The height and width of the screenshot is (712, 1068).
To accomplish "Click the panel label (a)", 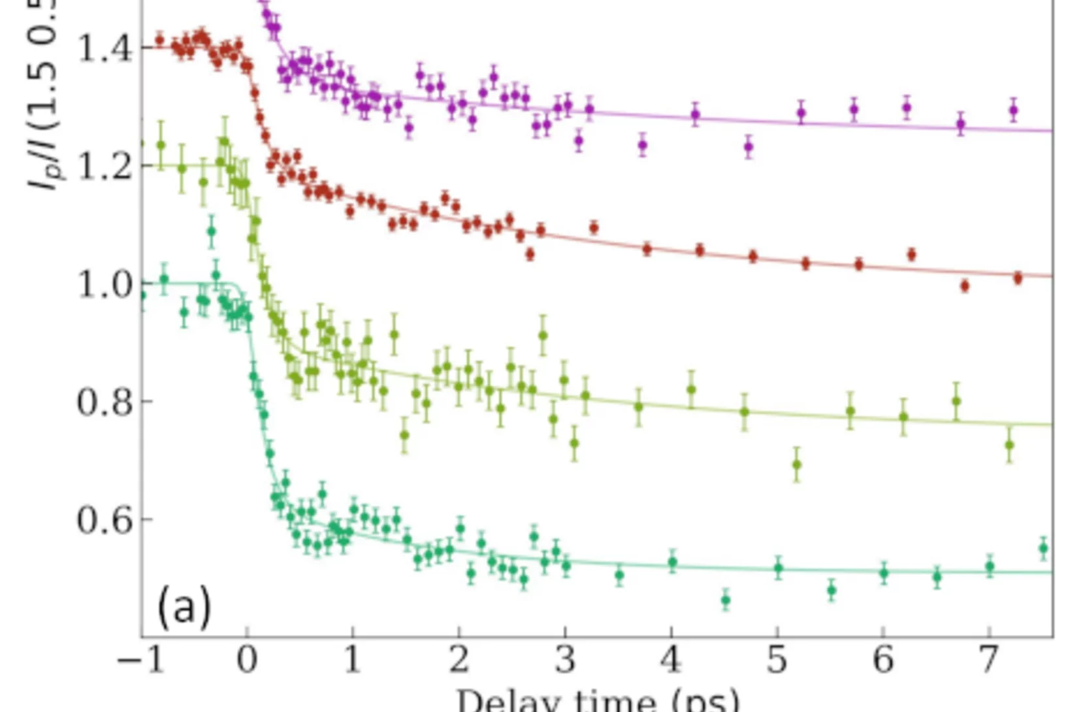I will (184, 606).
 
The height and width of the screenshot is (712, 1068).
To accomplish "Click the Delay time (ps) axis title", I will (598, 700).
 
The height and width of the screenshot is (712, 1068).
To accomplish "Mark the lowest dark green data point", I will (725, 600).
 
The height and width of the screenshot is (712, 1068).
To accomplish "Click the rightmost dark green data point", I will (1043, 549).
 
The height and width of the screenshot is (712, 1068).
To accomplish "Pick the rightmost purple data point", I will (1013, 110).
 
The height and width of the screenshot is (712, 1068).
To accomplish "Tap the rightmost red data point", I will (1018, 278).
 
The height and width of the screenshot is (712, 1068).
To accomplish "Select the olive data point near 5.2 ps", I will (796, 465).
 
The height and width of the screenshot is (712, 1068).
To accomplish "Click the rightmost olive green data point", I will (1009, 445).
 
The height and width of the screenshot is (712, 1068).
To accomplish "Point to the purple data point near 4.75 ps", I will (749, 147).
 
